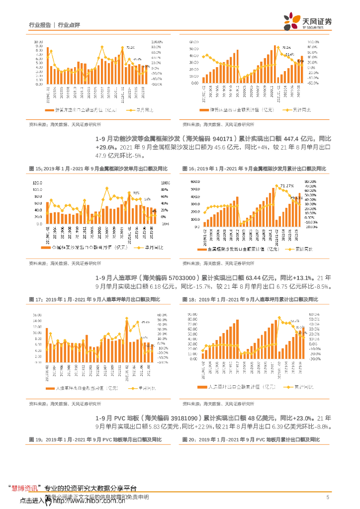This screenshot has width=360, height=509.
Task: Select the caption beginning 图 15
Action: [x=98, y=170]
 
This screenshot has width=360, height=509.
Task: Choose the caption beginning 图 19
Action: [x=95, y=440]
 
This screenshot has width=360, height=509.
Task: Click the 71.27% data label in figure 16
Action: [x=286, y=186]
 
